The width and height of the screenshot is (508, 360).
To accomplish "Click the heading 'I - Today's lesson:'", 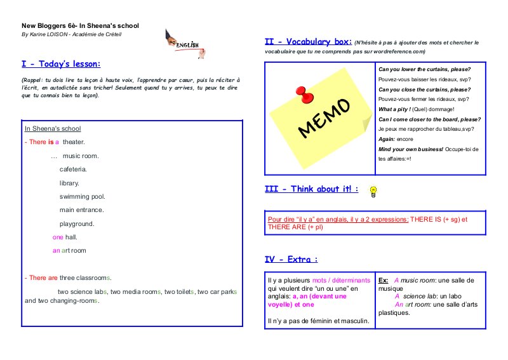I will click(61, 64).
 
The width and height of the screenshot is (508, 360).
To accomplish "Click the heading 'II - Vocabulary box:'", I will click(308, 42).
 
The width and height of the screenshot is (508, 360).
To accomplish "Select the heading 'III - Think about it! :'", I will click(311, 189).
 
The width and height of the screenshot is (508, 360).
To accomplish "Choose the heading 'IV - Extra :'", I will click(291, 259).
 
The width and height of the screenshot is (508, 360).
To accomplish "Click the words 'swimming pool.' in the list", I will click(82, 196).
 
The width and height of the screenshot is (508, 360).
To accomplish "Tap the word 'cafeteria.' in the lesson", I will click(73, 170).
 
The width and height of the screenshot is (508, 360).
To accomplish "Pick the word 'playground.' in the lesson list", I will click(77, 223).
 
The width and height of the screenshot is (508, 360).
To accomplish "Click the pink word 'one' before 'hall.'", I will click(58, 237).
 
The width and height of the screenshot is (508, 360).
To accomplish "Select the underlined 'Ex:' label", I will click(383, 280).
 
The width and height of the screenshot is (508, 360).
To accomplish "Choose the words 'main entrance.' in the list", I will click(81, 210).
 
